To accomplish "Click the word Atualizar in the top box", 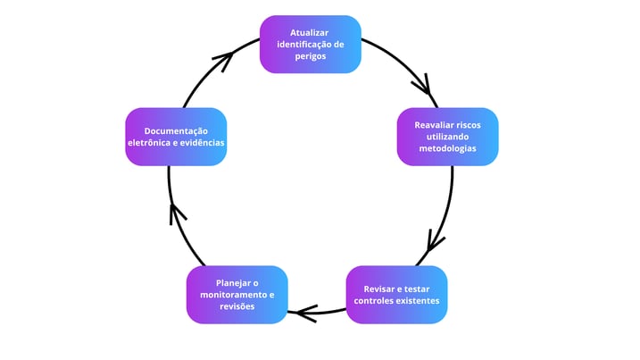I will pos(310,32).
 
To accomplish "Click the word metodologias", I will pos(447,148).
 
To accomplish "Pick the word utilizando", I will pos(447,137).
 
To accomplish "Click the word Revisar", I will pos(380,289).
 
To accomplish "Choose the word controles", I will pos(375,300).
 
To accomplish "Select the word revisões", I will pos(237,306).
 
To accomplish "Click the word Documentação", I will pos(176,131).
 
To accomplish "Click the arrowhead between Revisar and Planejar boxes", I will pos(306,313).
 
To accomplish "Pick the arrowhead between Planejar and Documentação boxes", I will pos(178,213).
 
